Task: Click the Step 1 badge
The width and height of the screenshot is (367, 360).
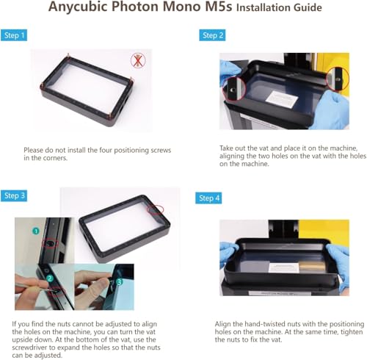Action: [x=14, y=35]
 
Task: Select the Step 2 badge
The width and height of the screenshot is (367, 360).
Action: [x=212, y=35]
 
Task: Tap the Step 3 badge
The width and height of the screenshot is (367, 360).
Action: [x=14, y=195]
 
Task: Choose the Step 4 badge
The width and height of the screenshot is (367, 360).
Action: [x=208, y=198]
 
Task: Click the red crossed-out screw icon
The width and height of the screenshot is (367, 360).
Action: [x=138, y=61]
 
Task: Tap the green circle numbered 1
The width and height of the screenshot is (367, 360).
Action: [x=36, y=231]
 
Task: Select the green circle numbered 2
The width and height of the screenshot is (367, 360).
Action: [x=50, y=278]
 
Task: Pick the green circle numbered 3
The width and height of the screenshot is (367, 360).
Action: [x=119, y=282]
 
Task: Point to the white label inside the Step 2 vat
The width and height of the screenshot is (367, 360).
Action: [x=282, y=99]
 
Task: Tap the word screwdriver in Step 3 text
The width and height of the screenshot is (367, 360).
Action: [x=29, y=348]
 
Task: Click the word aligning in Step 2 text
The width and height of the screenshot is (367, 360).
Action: [x=231, y=156]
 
